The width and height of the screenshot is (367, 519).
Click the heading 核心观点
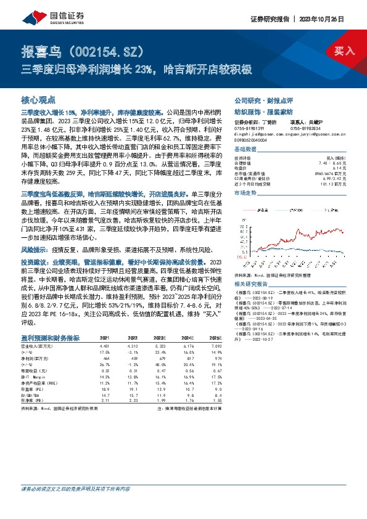[38, 99]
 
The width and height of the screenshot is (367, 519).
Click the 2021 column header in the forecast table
[104, 338]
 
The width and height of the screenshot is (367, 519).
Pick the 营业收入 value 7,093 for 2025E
[213, 347]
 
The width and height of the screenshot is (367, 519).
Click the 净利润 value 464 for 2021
[104, 358]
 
